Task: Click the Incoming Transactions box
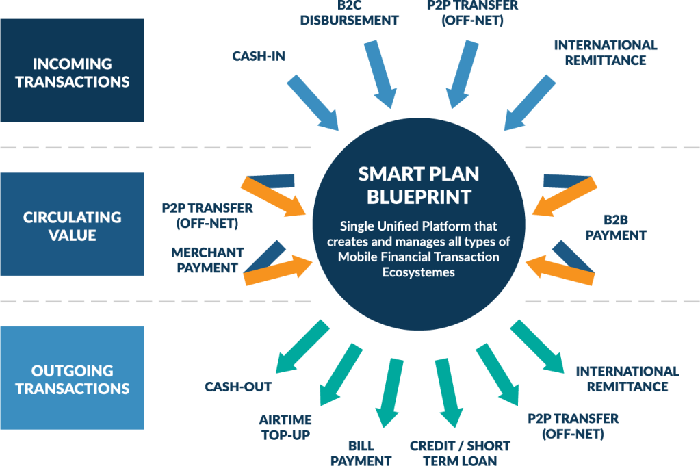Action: tap(72, 72)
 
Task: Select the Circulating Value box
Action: tap(72, 226)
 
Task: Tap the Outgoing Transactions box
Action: tap(72, 379)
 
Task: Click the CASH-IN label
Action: tap(258, 56)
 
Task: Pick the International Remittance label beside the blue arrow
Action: tap(605, 52)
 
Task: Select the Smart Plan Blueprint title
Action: tap(419, 185)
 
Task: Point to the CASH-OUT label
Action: tap(238, 387)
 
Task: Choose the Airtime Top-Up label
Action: tap(285, 426)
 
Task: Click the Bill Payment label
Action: tap(361, 452)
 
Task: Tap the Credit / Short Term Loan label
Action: tap(460, 452)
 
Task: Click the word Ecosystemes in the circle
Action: tap(418, 271)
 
